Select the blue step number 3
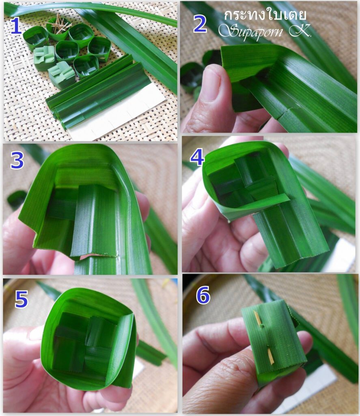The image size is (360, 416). (17, 161)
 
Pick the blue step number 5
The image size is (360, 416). (22, 299)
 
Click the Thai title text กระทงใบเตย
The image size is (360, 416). (265, 15)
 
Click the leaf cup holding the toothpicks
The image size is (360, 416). (57, 30)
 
